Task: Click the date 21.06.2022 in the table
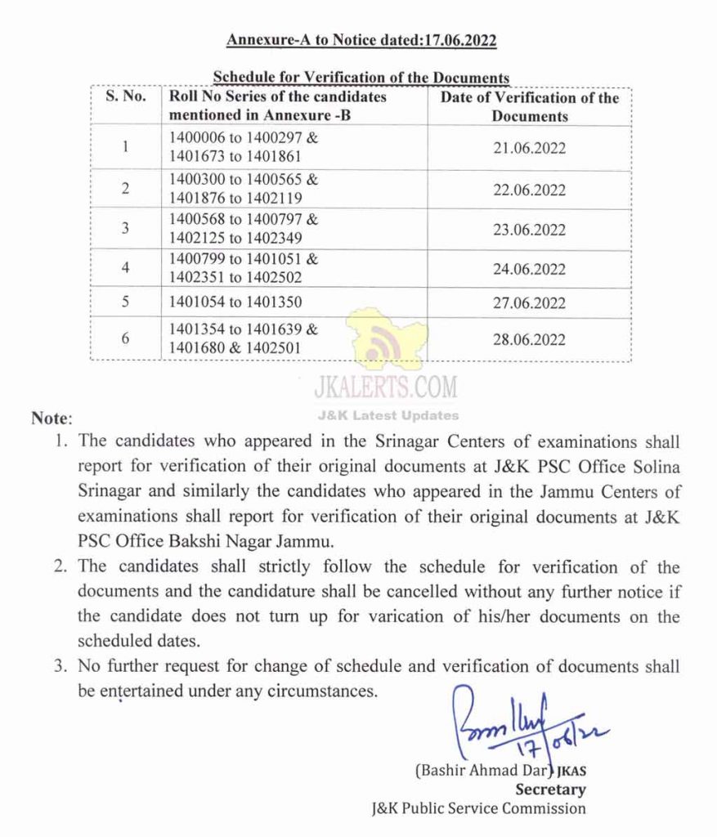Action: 529,149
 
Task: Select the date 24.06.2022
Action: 529,269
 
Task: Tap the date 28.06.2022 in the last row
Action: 529,339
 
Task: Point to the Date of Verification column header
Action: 530,107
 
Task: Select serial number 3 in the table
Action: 126,228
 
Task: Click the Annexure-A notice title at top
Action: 361,40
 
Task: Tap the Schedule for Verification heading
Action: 361,78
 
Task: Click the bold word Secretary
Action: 549,790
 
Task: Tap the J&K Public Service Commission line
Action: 478,808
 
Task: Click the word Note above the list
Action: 51,418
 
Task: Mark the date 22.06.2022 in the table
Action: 529,190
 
